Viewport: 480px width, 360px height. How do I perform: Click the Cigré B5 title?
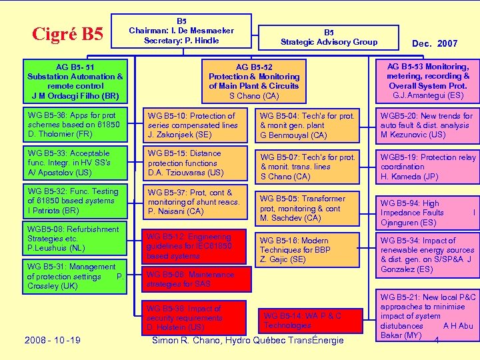pyautogui.click(x=67, y=33)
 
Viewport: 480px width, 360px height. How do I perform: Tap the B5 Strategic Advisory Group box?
pyautogui.click(x=329, y=37)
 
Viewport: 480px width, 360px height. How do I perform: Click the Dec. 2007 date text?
pyautogui.click(x=435, y=43)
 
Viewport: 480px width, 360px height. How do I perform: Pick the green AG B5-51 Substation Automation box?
pyautogui.click(x=75, y=81)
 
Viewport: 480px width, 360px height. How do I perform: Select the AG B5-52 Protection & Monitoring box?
pyautogui.click(x=254, y=81)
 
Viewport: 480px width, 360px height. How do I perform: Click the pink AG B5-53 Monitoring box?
pyautogui.click(x=427, y=81)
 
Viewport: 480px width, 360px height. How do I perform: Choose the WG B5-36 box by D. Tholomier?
pyautogui.click(x=75, y=125)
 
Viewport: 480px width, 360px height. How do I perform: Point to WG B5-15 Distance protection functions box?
pyautogui.click(x=195, y=163)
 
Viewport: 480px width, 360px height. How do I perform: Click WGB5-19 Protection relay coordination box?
pyautogui.click(x=427, y=167)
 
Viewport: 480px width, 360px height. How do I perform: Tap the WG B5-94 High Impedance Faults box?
pyautogui.click(x=427, y=213)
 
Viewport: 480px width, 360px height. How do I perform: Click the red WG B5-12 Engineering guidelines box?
pyautogui.click(x=191, y=246)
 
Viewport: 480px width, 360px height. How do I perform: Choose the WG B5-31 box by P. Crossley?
pyautogui.click(x=75, y=276)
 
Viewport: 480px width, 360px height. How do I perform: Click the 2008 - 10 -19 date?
pyautogui.click(x=53, y=341)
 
